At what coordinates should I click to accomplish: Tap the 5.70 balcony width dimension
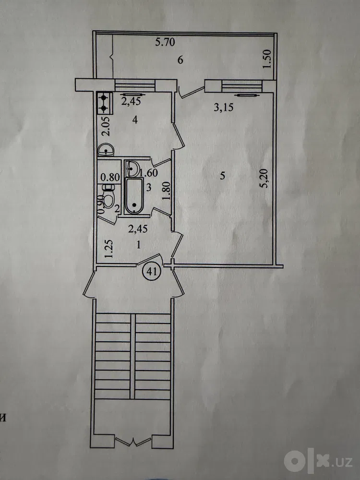[165, 42]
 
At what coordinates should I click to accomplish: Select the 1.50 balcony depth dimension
[267, 59]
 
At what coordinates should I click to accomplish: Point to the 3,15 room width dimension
[224, 107]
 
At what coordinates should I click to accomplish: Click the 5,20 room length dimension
[265, 178]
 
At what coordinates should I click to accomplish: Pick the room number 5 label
[223, 176]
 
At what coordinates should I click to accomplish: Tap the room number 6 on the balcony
[180, 60]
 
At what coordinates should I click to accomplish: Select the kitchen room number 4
[135, 120]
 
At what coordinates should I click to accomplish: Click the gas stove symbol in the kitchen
[104, 103]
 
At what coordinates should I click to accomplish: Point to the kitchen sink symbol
[106, 151]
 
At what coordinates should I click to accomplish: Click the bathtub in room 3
[134, 196]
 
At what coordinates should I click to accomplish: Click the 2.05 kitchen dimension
[107, 128]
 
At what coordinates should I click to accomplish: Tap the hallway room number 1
[138, 245]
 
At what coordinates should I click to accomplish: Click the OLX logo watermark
[318, 461]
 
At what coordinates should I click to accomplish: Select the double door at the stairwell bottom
[133, 442]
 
